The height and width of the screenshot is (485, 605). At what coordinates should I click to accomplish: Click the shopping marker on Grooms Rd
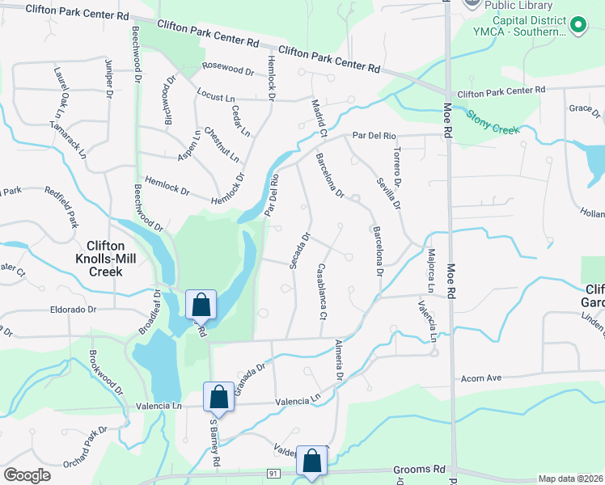click(312, 462)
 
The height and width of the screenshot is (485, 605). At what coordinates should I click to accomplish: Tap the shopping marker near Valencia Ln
click(218, 398)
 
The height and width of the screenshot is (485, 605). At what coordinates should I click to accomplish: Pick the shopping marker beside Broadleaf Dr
click(201, 306)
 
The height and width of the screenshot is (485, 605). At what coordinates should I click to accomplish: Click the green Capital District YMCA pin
click(578, 25)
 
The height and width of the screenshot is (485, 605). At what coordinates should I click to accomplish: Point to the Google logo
click(27, 475)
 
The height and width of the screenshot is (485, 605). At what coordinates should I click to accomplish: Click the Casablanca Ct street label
click(322, 290)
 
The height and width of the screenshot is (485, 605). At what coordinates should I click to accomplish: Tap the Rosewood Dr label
click(228, 70)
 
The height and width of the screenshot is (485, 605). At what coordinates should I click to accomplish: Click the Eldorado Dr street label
click(73, 309)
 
